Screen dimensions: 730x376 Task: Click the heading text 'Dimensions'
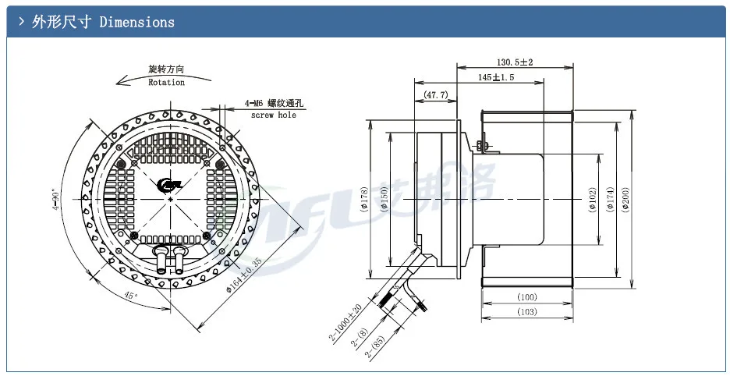[136, 22]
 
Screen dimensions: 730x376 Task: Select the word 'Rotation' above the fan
[166, 82]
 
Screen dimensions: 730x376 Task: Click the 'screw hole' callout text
[273, 115]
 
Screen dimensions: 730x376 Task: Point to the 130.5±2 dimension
[514, 62]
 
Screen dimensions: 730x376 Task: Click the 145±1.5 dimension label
[496, 78]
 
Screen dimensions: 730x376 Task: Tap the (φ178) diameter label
[365, 200]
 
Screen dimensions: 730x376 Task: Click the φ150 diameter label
[386, 200]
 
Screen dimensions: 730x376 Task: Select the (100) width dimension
[527, 297]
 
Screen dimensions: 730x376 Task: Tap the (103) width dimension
[527, 313]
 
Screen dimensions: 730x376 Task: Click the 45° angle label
[131, 296]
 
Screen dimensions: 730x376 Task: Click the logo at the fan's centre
[169, 185]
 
